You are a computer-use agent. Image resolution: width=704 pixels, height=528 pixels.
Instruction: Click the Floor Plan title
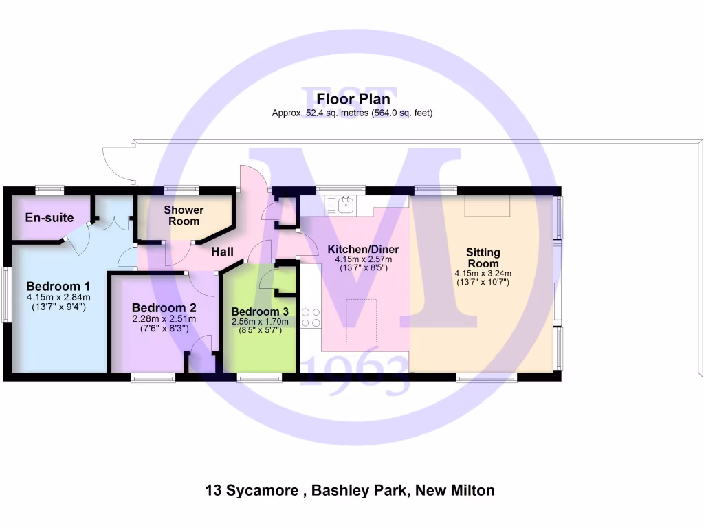point(353,100)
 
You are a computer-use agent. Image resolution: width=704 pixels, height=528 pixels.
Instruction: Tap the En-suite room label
point(49,218)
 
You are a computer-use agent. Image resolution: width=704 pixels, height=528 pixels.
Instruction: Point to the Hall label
point(223,252)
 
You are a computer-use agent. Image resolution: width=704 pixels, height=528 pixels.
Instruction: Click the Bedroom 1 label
point(58,286)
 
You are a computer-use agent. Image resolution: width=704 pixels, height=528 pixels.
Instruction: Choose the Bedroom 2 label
point(164,307)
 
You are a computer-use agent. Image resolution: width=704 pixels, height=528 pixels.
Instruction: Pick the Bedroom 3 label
point(260,311)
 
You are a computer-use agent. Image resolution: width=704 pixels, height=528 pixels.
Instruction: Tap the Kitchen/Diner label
point(363,249)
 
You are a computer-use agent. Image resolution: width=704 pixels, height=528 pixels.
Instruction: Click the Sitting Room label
point(483,258)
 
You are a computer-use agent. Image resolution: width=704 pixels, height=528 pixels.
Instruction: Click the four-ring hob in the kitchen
point(310,318)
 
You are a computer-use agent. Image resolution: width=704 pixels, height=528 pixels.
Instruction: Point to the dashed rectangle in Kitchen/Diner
point(361,320)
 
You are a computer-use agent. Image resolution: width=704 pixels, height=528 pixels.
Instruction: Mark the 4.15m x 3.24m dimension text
point(483,273)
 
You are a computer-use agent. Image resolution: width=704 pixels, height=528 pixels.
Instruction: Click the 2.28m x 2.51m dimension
point(164,318)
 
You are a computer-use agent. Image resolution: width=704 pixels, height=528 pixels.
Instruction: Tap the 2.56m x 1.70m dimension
point(260,322)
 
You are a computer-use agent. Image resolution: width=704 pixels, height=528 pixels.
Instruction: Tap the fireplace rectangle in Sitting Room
point(486,206)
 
